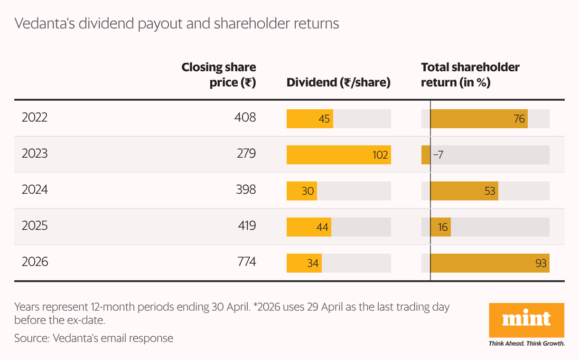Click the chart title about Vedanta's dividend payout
pos(177,24)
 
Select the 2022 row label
pos(35,117)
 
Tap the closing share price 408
pos(245,117)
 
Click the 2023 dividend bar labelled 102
pos(338,155)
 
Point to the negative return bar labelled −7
pos(426,155)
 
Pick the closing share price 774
pos(247,262)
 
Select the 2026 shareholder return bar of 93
pos(490,263)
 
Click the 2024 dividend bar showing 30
pos(302,191)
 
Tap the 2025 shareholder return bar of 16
pos(441,227)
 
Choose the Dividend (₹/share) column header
pos(338,83)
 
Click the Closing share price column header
pos(219,75)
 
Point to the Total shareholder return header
pos(470,75)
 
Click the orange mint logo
pos(526,320)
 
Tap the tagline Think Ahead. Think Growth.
pos(526,343)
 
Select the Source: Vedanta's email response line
pos(93,338)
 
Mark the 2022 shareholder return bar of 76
pos(479,119)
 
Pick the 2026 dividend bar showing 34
pos(304,263)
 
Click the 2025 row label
pos(35,226)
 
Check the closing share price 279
pos(246,153)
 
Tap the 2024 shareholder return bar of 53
pos(465,191)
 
